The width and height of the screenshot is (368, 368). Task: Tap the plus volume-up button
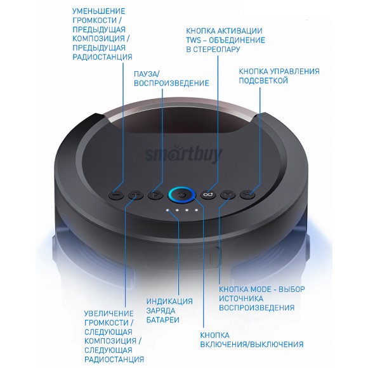136,195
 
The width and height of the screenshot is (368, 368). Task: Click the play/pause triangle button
155,195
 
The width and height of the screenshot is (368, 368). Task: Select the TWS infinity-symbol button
208,195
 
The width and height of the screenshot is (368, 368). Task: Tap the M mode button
227,195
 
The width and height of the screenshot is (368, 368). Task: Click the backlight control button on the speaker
247,195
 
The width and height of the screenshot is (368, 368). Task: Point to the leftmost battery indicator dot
168,210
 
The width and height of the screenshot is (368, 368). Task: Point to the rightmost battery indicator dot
197,210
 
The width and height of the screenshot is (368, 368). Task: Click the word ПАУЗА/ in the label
147,74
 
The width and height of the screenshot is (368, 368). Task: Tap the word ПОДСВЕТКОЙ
263,81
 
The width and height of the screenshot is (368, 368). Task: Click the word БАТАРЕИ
163,320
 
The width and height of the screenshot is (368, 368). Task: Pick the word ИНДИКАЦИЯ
169,301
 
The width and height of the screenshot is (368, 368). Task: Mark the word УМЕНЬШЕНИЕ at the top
98,11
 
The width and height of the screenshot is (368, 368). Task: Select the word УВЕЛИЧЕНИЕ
109,313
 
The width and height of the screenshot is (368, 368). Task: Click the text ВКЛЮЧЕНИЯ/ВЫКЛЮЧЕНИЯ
252,345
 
